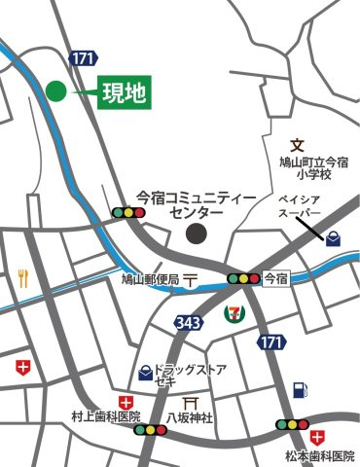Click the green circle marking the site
coord(55,91)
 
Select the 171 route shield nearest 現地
coord(84,58)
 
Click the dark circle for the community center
coord(198,233)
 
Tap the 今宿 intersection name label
coord(276,278)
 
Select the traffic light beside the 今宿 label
coord(243,278)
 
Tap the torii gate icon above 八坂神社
coord(192,400)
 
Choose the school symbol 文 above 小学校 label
coord(298,144)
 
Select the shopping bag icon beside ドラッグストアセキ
coord(145,371)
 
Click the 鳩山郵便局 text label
coord(150,279)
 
